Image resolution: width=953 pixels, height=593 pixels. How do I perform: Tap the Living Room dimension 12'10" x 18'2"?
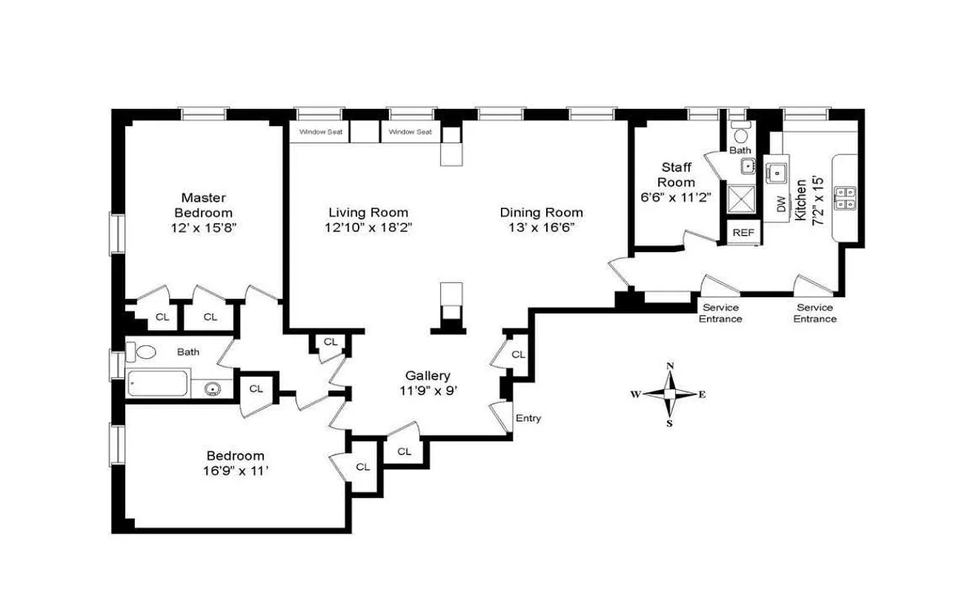point(368,228)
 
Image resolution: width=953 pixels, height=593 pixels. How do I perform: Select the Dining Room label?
point(541,213)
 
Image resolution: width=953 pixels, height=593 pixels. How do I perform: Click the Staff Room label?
point(677,175)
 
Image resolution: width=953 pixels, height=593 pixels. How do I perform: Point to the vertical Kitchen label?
point(801,200)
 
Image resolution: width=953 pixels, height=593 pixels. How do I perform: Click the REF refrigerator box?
point(743,232)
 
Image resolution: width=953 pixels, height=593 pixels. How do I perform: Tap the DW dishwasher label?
point(781,205)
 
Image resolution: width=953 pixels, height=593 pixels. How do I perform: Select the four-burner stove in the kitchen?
point(846,197)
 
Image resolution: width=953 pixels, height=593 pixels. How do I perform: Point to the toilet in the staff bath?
point(740,134)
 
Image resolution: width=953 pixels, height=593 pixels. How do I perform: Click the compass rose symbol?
point(669,394)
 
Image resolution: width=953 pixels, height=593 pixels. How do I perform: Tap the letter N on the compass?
point(670,366)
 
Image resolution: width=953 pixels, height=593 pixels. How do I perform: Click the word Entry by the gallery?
point(528,418)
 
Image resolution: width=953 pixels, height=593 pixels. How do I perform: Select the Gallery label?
point(428,376)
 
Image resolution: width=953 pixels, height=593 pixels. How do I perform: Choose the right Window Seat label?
point(411,132)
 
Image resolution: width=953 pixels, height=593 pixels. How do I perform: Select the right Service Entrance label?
point(814,314)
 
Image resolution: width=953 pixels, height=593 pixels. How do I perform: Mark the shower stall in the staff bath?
point(741,199)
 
